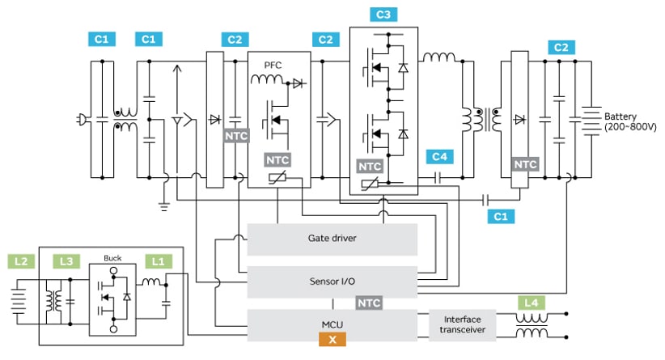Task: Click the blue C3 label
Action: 383,15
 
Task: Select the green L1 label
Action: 158,261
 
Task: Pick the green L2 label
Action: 22,261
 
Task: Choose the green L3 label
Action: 67,261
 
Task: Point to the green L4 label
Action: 531,303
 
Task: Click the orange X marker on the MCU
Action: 332,341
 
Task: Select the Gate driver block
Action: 332,239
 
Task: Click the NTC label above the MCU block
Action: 369,303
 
